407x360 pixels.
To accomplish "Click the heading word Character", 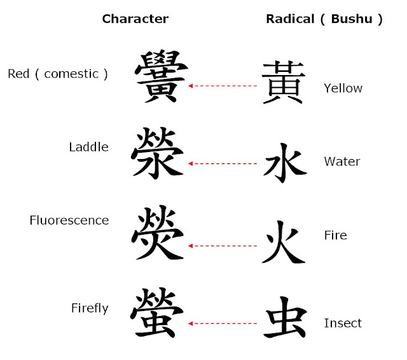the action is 135,19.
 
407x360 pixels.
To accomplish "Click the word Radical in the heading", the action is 290,19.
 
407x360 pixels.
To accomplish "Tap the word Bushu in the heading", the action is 352,19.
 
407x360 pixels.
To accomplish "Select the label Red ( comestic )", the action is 58,74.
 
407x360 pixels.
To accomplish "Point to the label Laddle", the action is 89,147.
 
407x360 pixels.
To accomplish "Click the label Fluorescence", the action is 69,220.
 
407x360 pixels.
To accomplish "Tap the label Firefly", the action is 90,308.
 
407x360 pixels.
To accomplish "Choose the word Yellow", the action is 343,88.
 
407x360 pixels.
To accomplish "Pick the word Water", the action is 342,162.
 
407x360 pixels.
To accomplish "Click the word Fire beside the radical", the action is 336,235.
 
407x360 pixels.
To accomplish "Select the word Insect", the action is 343,323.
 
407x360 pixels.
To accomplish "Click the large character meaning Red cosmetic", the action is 161,76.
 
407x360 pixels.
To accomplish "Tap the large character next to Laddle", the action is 158,153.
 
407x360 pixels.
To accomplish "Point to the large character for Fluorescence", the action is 158,232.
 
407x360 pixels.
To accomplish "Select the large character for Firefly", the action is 157,312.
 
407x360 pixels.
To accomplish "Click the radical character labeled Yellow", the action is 284,83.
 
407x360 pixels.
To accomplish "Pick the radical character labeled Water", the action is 285,163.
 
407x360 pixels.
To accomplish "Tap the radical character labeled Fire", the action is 284,242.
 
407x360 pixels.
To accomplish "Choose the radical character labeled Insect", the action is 286,317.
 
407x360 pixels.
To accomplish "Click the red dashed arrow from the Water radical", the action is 223,163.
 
